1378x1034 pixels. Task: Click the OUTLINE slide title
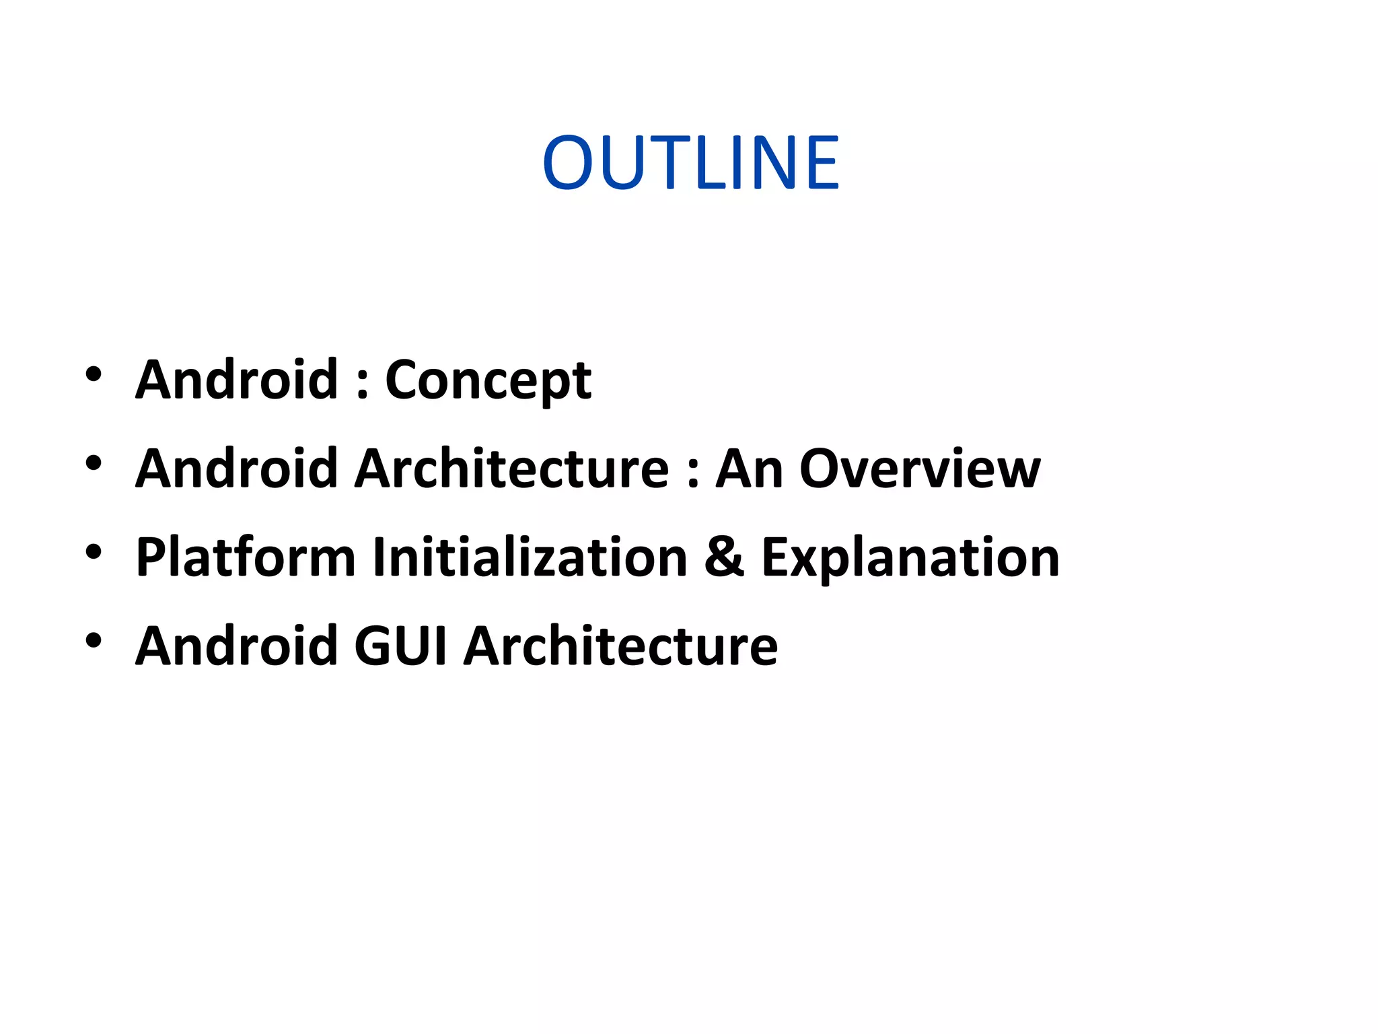pyautogui.click(x=690, y=163)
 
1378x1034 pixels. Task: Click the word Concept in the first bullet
pyautogui.click(x=488, y=381)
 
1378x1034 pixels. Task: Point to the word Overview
pyautogui.click(x=919, y=469)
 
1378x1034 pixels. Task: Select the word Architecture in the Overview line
pyautogui.click(x=512, y=469)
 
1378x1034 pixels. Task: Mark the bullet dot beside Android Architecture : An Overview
pyautogui.click(x=94, y=463)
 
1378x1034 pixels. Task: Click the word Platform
pyautogui.click(x=245, y=558)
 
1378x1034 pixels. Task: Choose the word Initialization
pyautogui.click(x=530, y=557)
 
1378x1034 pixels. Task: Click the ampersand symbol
pyautogui.click(x=724, y=557)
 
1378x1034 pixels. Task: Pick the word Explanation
pyautogui.click(x=910, y=558)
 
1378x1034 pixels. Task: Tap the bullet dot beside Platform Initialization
pyautogui.click(x=94, y=552)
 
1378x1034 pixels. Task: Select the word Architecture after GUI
pyautogui.click(x=620, y=646)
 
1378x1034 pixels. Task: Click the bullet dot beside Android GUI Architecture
pyautogui.click(x=94, y=641)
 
